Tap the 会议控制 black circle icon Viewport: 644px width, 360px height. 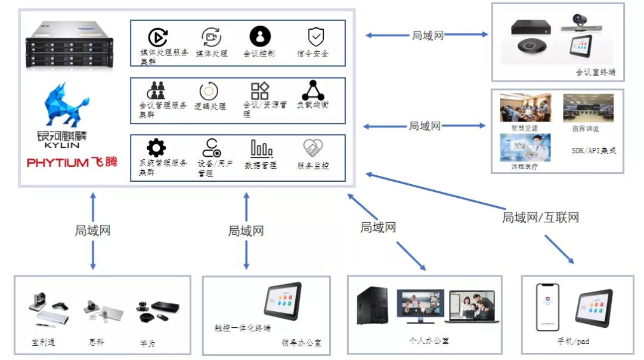coord(260,36)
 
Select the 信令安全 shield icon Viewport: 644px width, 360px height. coord(315,37)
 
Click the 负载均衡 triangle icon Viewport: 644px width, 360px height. coord(312,90)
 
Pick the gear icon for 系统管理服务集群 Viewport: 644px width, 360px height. coord(156,147)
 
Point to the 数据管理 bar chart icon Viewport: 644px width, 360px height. coord(261,148)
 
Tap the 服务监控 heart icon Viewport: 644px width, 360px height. coord(313,148)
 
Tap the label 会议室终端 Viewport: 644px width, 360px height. coord(595,73)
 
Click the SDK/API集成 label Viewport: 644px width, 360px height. coord(593,151)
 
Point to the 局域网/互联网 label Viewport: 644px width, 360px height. coord(540,218)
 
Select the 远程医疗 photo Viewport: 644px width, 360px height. coord(521,147)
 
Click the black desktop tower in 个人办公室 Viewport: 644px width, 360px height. coord(371,306)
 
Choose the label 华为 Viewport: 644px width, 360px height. coord(148,343)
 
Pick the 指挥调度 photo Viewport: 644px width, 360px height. coord(588,108)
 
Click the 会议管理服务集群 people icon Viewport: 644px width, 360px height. coord(157,90)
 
